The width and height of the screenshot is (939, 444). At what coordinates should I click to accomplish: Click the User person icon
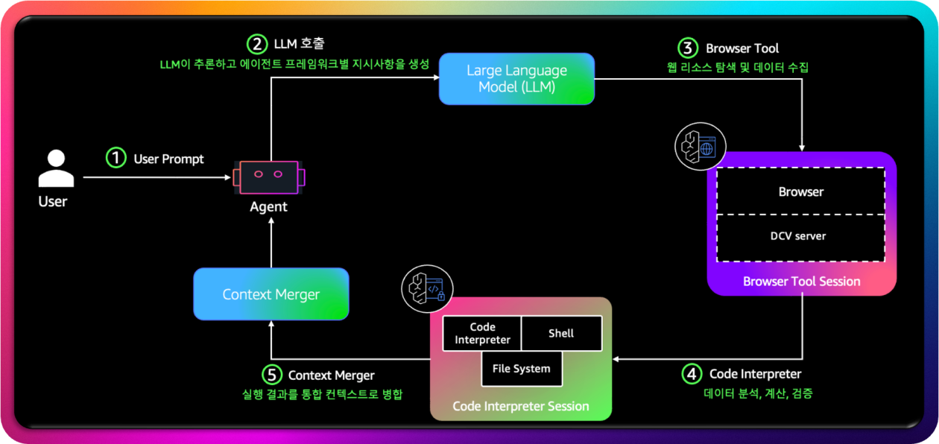click(56, 168)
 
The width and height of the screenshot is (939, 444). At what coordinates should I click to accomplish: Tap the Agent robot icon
click(268, 177)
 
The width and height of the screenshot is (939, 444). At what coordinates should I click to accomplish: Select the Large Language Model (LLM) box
click(516, 78)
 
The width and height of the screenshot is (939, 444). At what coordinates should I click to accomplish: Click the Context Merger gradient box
click(271, 294)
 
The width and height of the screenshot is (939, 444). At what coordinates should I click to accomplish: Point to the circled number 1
click(116, 158)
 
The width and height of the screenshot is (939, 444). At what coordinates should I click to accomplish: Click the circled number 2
click(258, 44)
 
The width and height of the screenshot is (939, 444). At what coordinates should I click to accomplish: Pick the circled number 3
click(687, 48)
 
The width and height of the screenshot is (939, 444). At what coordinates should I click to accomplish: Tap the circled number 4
click(692, 373)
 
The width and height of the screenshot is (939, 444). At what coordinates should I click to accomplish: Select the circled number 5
click(273, 375)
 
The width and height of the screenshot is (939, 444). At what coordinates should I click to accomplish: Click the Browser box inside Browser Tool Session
click(801, 191)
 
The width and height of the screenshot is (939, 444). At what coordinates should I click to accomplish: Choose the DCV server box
click(801, 237)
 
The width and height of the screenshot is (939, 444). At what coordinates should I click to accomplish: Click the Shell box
click(561, 333)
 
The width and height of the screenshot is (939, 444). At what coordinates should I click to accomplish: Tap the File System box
click(522, 369)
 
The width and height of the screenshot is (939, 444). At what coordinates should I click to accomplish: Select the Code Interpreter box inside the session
click(482, 333)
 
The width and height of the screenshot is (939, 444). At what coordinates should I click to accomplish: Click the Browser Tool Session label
click(801, 282)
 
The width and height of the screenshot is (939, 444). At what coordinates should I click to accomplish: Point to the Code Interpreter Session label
click(521, 406)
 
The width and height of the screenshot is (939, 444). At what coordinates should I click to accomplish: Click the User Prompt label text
click(168, 159)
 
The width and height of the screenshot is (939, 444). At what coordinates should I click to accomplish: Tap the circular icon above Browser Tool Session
click(700, 146)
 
